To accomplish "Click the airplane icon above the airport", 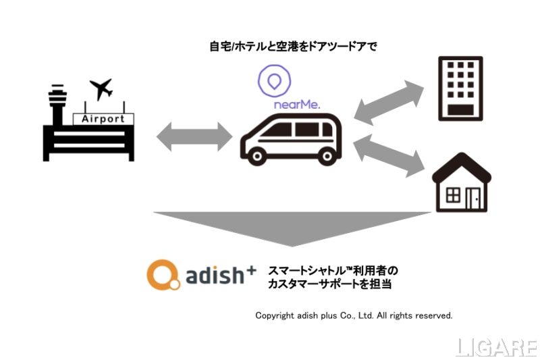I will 101,88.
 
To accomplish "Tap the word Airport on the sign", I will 103,119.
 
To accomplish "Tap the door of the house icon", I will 473,197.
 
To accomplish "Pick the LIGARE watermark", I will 496,347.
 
